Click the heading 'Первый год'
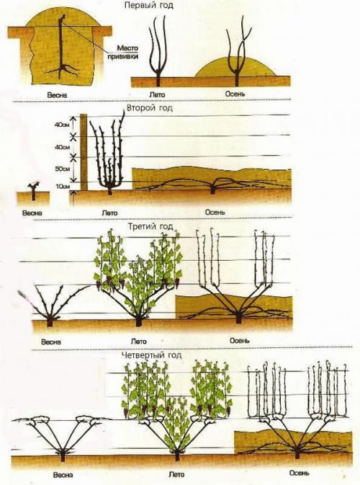(148, 6)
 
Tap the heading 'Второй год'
(150, 108)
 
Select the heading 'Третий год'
(150, 226)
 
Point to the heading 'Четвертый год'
(151, 355)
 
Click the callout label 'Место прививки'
(123, 53)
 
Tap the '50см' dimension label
(62, 169)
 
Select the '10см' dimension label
(62, 187)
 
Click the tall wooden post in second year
(84, 152)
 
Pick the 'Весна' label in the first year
(57, 94)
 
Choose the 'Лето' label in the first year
(157, 94)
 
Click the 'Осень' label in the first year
(235, 94)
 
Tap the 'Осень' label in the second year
(215, 212)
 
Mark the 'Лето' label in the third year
(139, 342)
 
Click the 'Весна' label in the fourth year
(63, 475)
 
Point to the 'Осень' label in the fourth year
(300, 473)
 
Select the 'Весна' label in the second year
(32, 213)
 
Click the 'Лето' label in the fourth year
(176, 474)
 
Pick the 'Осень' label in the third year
(240, 340)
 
